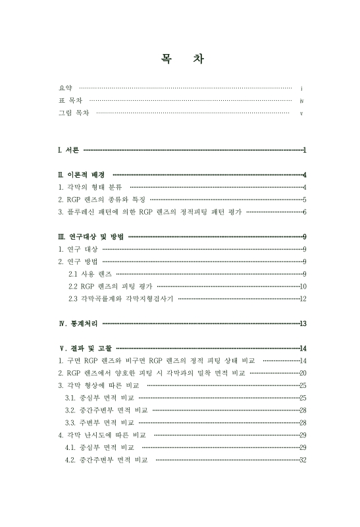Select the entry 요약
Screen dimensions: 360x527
point(64,88)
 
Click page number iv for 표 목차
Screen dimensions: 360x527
point(301,101)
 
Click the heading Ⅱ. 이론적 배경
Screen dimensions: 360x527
point(81,175)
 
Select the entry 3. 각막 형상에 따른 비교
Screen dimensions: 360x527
point(99,385)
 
